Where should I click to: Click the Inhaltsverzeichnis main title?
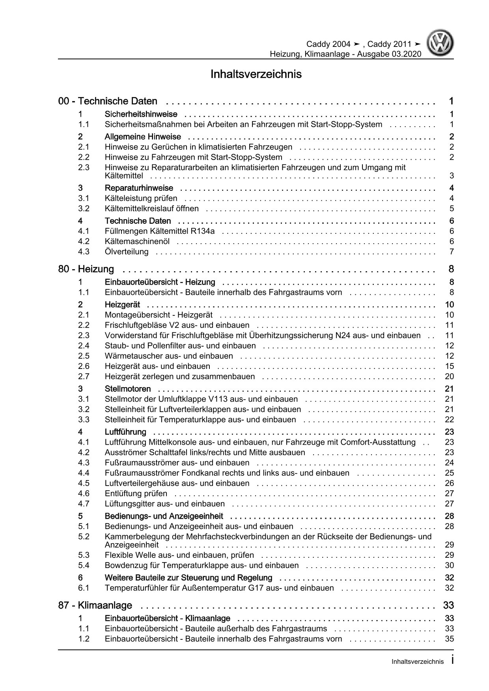pos(256,74)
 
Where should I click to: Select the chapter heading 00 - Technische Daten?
pos(108,101)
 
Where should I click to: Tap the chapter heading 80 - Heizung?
pos(86,269)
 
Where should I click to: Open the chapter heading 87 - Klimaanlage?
pos(95,605)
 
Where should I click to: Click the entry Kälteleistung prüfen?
pos(141,198)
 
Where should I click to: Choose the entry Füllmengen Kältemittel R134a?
pos(160,231)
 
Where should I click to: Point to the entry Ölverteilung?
pos(127,251)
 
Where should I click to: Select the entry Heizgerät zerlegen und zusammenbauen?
pos(180,376)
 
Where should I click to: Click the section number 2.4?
pos(84,346)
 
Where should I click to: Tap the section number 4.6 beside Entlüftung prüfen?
pos(84,494)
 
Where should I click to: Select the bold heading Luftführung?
pos(125,432)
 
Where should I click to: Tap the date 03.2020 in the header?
pos(406,54)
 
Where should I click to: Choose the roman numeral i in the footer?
pos(452,660)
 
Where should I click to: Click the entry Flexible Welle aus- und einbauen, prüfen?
pos(179,555)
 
